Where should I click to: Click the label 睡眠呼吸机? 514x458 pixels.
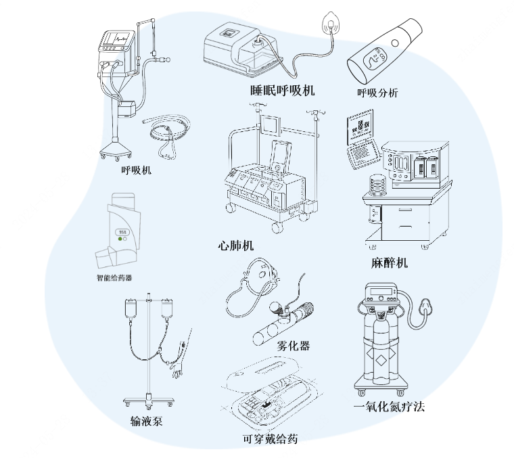click(x=282, y=90)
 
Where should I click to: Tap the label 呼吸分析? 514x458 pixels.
click(x=377, y=93)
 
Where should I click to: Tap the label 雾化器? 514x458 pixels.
click(x=294, y=346)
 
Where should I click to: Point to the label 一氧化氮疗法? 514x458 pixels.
click(x=390, y=407)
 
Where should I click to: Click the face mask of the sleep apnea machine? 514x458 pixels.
click(x=329, y=24)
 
